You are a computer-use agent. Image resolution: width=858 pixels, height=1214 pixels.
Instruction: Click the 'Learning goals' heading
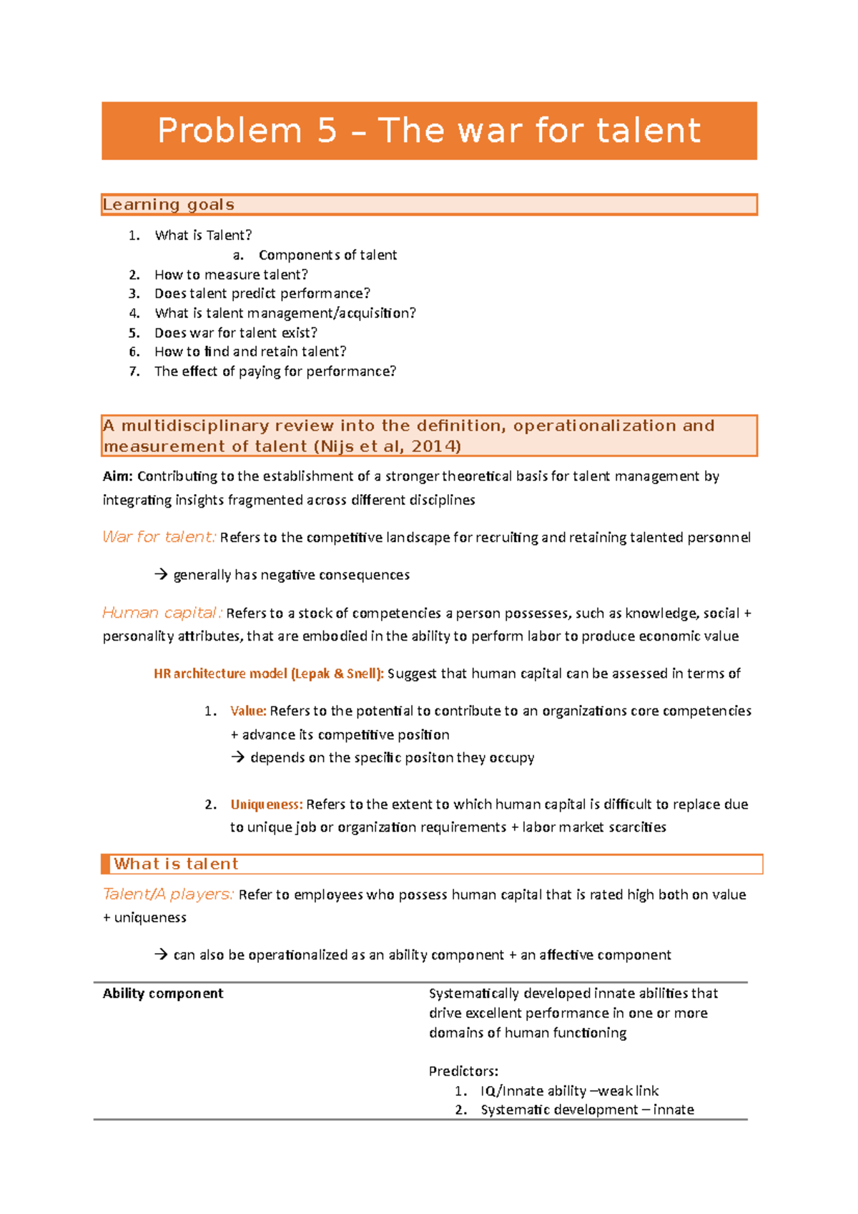click(x=169, y=205)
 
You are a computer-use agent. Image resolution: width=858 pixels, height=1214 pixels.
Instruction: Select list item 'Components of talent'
click(x=327, y=255)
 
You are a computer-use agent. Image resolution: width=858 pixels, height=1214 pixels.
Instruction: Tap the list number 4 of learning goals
click(x=134, y=313)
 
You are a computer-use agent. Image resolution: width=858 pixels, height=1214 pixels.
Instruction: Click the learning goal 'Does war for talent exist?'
click(x=236, y=333)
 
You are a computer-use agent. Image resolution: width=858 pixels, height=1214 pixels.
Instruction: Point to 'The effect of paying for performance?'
click(x=275, y=372)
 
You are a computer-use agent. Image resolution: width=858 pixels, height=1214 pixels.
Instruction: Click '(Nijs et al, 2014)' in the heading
click(x=387, y=447)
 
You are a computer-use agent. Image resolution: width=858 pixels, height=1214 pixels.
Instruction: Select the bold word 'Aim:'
click(x=118, y=477)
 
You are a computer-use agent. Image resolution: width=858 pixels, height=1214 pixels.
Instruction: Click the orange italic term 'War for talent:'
click(x=159, y=538)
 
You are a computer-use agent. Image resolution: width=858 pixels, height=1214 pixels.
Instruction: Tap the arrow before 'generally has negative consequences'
click(x=161, y=575)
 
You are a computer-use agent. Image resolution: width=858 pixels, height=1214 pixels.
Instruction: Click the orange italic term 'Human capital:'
click(x=162, y=613)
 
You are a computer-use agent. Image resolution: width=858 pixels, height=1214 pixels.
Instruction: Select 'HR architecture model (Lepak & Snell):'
click(x=269, y=673)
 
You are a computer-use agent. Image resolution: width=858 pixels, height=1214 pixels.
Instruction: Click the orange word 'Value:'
click(x=248, y=711)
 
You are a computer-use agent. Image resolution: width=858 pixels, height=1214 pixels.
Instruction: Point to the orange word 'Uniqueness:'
click(x=267, y=805)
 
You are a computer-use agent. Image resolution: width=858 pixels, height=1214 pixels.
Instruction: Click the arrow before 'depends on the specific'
click(x=238, y=758)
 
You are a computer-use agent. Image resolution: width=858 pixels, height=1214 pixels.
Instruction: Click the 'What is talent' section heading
click(x=176, y=864)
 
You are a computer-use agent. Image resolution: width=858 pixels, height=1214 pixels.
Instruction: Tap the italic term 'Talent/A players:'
click(x=168, y=895)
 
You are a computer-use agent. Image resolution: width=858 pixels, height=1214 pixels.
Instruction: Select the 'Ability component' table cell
click(x=163, y=994)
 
